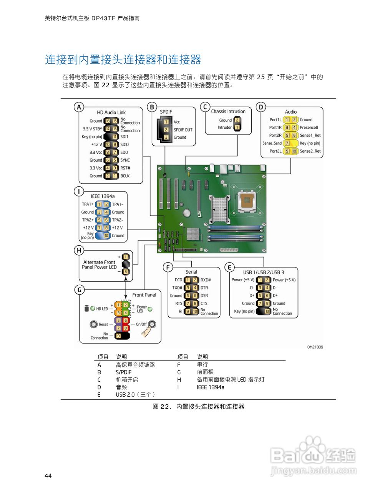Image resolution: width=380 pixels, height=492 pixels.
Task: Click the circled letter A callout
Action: click(79, 107)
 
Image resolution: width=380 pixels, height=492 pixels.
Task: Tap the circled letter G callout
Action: click(80, 289)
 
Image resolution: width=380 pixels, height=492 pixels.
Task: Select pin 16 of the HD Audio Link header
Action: click(108, 121)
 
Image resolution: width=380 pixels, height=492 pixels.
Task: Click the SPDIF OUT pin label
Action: click(183, 130)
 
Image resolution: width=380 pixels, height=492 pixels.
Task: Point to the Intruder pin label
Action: click(225, 128)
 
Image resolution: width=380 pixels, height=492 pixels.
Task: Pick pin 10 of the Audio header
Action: click(294, 151)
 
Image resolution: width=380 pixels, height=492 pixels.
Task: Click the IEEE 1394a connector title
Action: click(103, 196)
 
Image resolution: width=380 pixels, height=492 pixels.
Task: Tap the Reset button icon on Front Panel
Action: click(94, 324)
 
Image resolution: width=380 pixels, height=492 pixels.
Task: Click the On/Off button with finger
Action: click(152, 324)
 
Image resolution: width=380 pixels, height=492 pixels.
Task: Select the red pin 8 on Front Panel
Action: click(125, 328)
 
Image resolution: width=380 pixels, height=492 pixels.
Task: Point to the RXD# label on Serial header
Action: click(206, 280)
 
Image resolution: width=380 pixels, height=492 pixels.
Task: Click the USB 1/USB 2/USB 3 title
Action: click(264, 272)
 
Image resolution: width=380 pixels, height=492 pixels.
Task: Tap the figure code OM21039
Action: click(315, 347)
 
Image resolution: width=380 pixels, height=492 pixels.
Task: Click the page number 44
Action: click(48, 476)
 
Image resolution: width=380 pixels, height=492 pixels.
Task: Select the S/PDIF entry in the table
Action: click(123, 372)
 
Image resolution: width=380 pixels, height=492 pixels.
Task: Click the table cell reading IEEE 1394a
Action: click(210, 387)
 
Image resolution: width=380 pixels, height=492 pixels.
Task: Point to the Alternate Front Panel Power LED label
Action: click(99, 265)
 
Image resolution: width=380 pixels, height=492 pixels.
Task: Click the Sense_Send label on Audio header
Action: click(272, 143)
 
